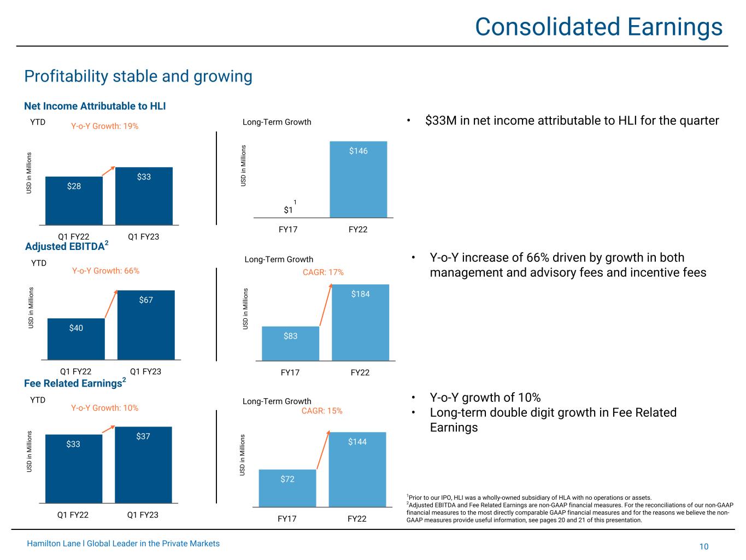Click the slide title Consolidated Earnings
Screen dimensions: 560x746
(x=598, y=27)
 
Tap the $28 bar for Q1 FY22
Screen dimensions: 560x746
(x=74, y=200)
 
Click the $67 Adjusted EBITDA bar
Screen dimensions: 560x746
(x=146, y=325)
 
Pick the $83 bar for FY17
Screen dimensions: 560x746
(x=290, y=343)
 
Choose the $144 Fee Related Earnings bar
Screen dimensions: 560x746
(x=357, y=469)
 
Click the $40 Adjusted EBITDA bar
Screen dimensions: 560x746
(x=76, y=339)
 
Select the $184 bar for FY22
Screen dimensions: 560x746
(x=360, y=322)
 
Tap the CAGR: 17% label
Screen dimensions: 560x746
(x=323, y=272)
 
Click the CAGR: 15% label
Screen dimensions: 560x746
(x=322, y=411)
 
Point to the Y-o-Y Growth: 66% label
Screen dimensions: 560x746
(x=105, y=271)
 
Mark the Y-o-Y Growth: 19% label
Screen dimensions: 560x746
(x=105, y=126)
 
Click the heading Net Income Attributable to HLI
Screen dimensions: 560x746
(x=95, y=106)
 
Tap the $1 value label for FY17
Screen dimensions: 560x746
(x=289, y=210)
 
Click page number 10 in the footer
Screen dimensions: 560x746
(x=703, y=547)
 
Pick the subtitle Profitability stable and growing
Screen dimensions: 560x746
(x=138, y=77)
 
